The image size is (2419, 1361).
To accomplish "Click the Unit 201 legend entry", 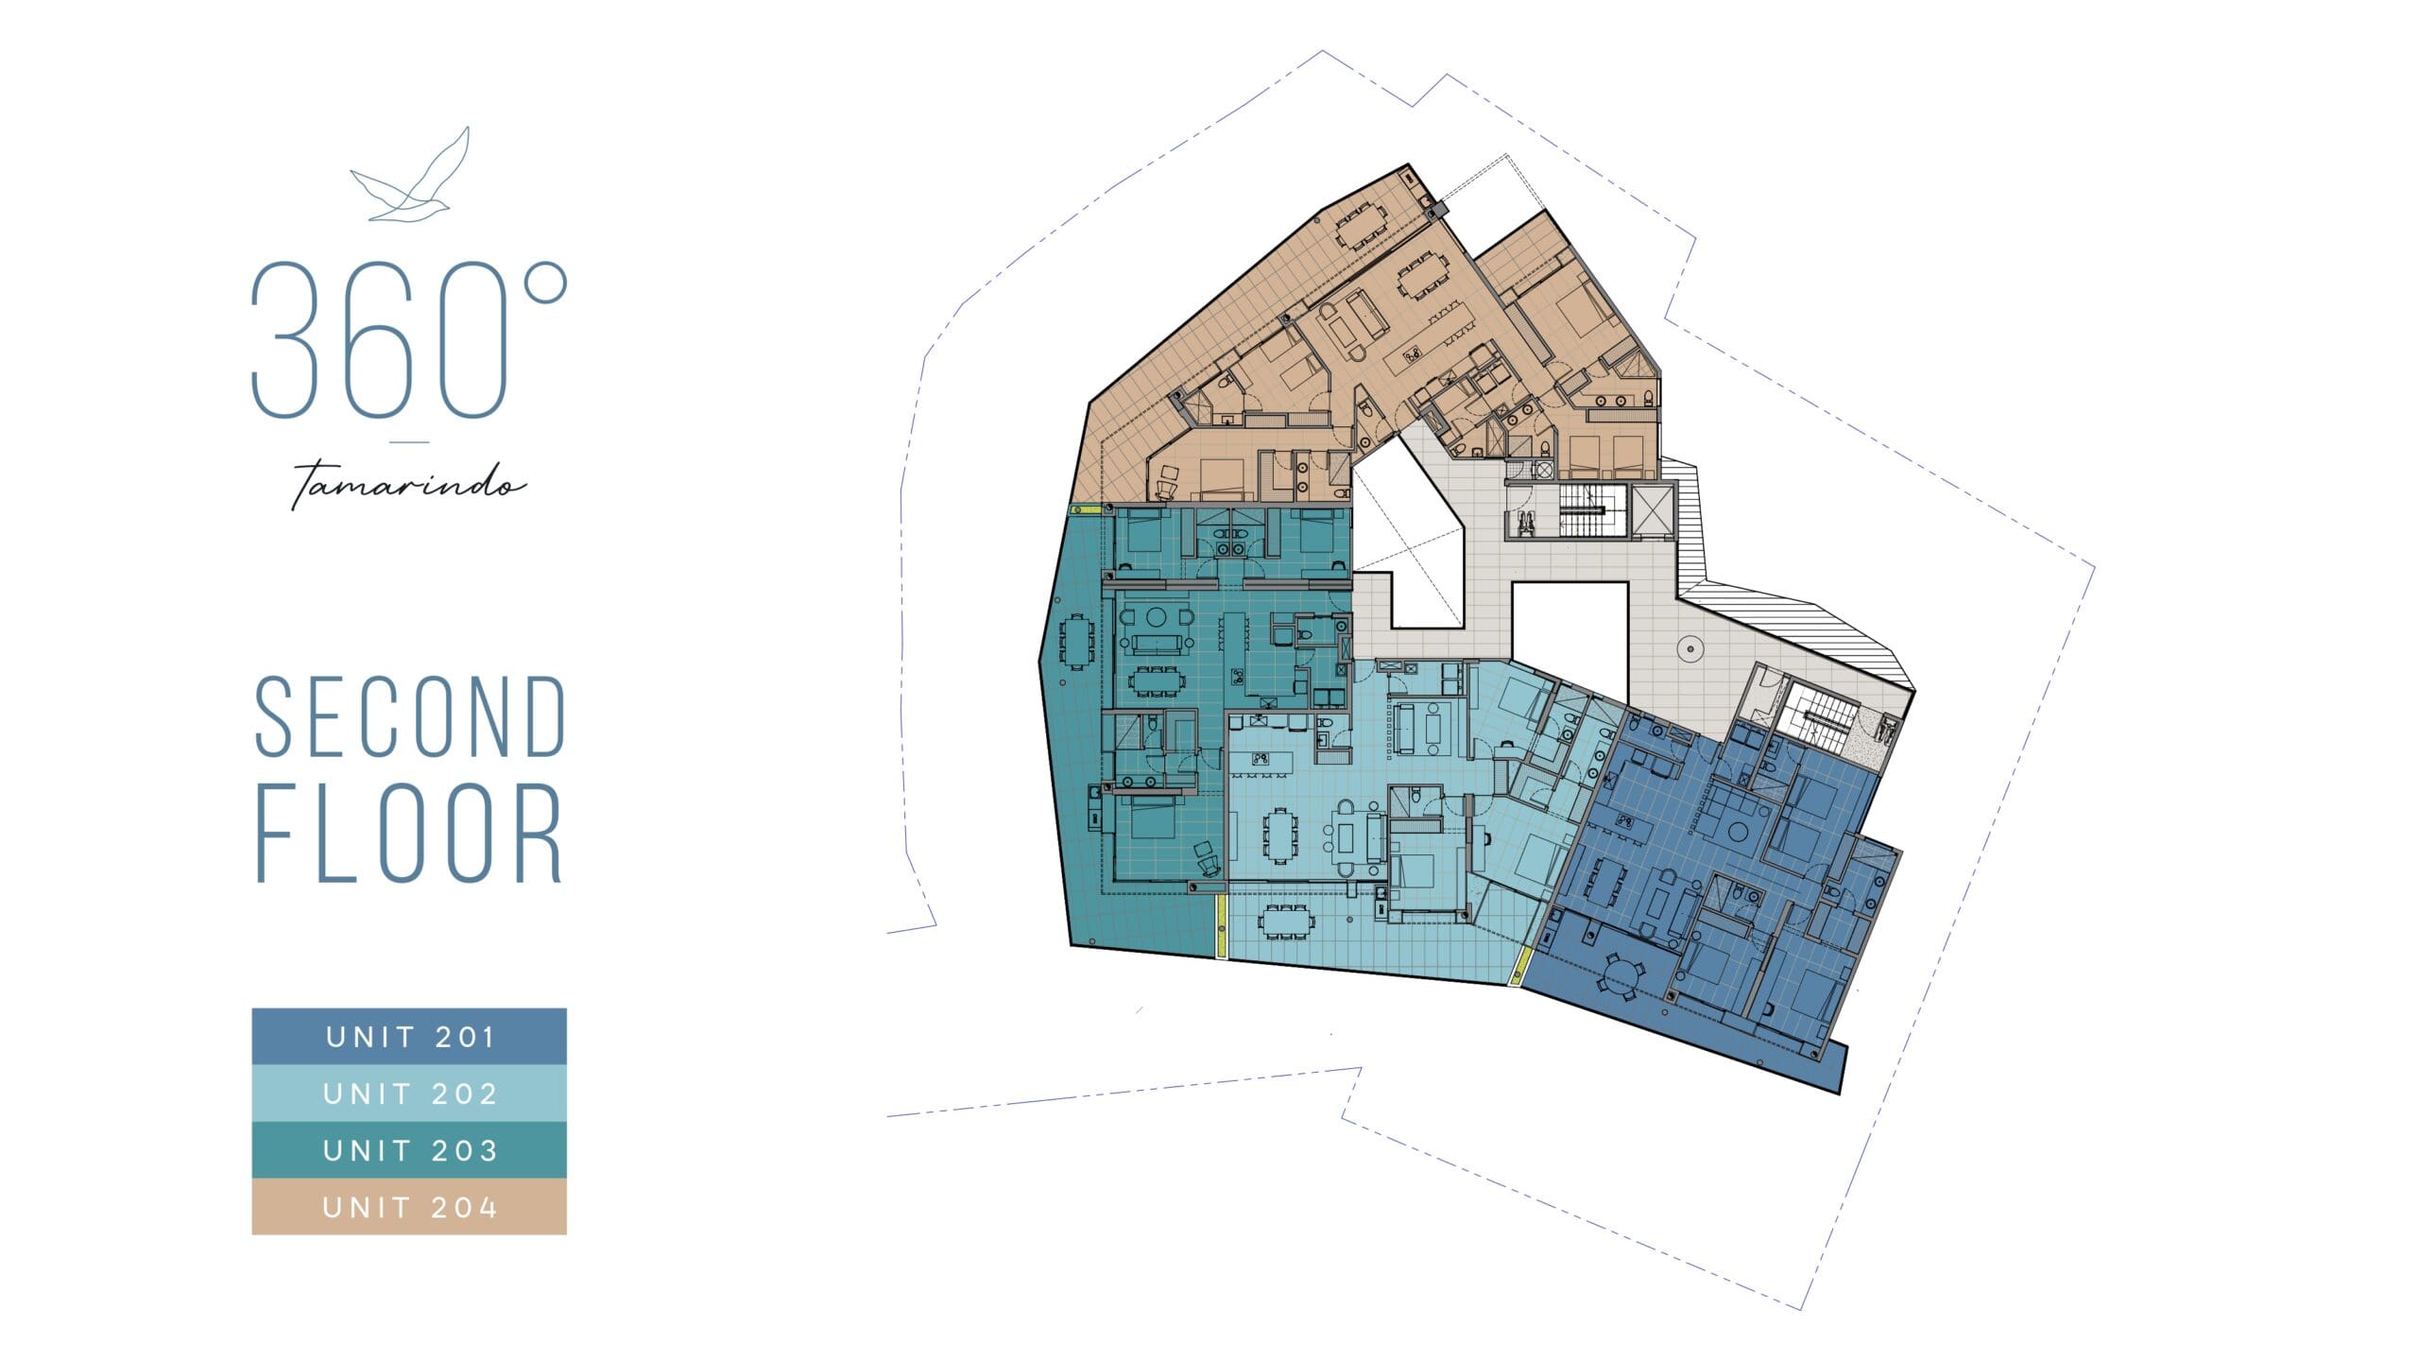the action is (409, 1037).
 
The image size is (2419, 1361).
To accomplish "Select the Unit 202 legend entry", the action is (409, 1094).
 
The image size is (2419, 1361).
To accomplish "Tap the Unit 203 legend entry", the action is (409, 1150).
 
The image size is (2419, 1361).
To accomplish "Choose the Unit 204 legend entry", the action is (409, 1207).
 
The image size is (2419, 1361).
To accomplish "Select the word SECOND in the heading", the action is (410, 717).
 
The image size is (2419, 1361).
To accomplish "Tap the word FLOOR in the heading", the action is (410, 833).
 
